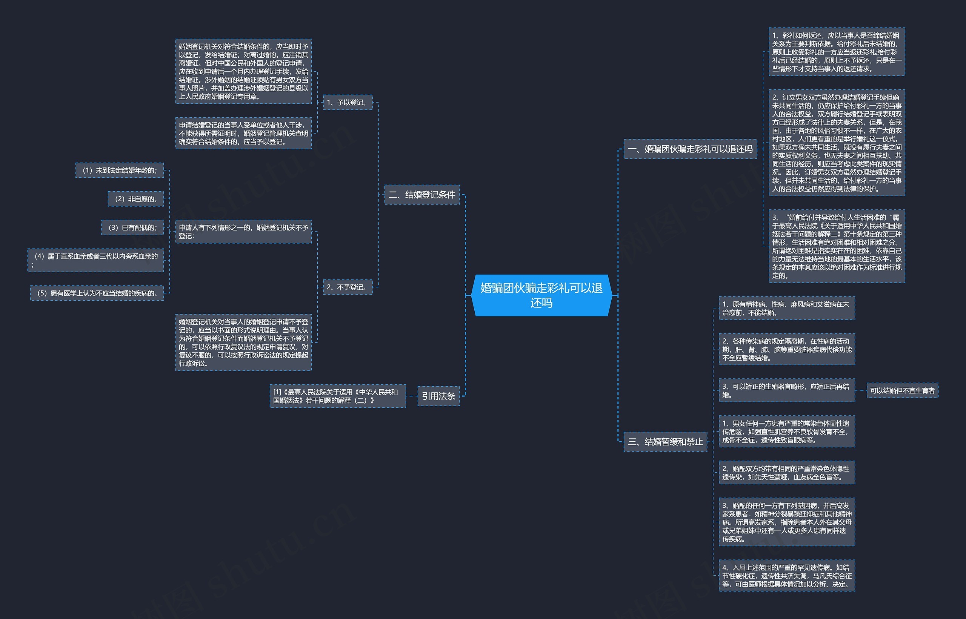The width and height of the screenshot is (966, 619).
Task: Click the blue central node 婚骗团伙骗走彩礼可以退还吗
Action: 541,295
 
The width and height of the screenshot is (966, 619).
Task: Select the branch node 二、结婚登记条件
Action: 422,195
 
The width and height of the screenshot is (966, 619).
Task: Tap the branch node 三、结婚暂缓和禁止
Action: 665,442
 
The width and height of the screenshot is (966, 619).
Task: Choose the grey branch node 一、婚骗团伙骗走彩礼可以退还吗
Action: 690,149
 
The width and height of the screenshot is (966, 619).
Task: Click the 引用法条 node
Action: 438,396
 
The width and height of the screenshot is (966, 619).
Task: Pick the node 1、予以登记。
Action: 348,103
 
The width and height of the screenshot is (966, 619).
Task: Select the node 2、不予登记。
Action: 348,287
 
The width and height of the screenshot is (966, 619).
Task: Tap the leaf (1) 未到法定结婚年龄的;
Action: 120,170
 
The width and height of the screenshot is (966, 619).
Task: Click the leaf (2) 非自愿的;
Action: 136,199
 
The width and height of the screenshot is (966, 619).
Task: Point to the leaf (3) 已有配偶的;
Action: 133,227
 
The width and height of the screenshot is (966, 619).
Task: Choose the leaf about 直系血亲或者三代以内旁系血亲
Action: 96,260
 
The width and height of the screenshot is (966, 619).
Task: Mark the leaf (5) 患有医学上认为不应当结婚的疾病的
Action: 97,293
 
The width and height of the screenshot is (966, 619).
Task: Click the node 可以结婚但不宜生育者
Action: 902,390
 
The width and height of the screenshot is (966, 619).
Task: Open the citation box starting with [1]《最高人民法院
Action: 337,396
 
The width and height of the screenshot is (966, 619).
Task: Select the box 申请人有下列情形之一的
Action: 243,232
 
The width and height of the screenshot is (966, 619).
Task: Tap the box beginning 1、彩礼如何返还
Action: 837,52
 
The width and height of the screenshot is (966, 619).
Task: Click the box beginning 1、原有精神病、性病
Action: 787,308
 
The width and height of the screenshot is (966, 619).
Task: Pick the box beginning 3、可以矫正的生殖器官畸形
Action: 787,390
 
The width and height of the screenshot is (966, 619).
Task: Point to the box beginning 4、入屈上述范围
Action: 787,576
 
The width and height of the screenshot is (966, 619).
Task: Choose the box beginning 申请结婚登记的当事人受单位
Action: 243,134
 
